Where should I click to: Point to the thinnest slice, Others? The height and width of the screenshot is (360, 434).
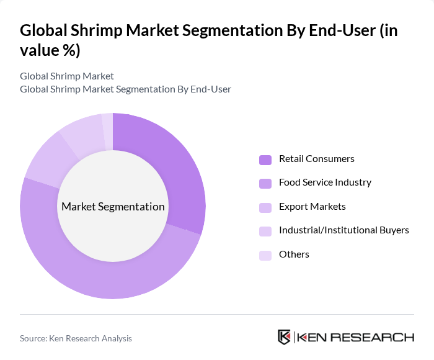tap(108, 124)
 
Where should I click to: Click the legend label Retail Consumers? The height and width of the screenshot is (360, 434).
tap(316, 159)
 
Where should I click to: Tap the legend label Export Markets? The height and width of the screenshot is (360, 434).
tap(312, 207)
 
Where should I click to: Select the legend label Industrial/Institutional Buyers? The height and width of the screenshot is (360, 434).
tap(343, 230)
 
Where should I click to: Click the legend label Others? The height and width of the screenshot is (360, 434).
tap(294, 254)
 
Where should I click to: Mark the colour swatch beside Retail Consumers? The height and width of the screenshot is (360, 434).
tap(265, 160)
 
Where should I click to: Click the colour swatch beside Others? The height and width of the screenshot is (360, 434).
tap(265, 255)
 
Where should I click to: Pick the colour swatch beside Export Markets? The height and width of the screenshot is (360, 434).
tap(265, 207)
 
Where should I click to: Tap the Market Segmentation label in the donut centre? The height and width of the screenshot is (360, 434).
tap(113, 207)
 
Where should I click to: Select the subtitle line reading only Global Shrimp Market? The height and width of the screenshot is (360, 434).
tap(67, 76)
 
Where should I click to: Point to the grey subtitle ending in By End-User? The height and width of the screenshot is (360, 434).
tap(125, 89)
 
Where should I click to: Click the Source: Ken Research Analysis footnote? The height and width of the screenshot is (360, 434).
tap(76, 338)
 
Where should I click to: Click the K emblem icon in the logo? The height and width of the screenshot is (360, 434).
tap(285, 338)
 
